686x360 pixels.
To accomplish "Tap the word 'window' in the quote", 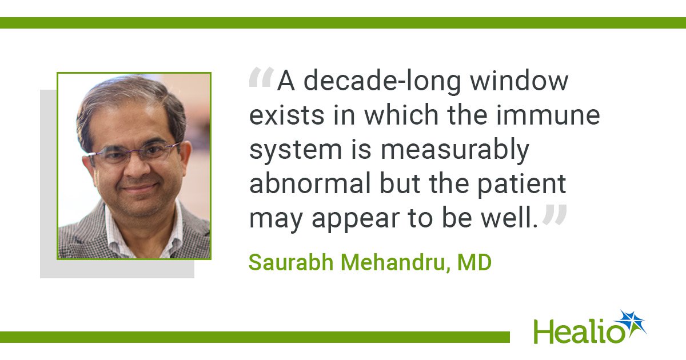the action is pyautogui.click(x=520, y=81).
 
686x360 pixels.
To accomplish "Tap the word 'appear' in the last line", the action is pyautogui.click(x=355, y=220).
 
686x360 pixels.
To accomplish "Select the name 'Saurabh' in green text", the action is pyautogui.click(x=291, y=262).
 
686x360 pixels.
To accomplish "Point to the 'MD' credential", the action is pyautogui.click(x=474, y=262).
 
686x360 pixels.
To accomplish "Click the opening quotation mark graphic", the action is pyautogui.click(x=261, y=77).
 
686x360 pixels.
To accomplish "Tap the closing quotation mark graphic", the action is pyautogui.click(x=555, y=214).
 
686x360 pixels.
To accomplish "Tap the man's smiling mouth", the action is pyautogui.click(x=139, y=187).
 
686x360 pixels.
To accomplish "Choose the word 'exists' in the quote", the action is pyautogui.click(x=287, y=115).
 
